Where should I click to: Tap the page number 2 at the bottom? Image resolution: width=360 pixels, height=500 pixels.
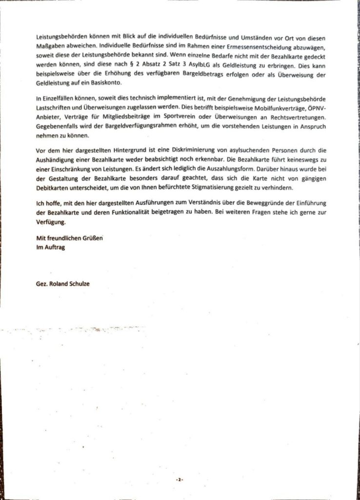[180, 479]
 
